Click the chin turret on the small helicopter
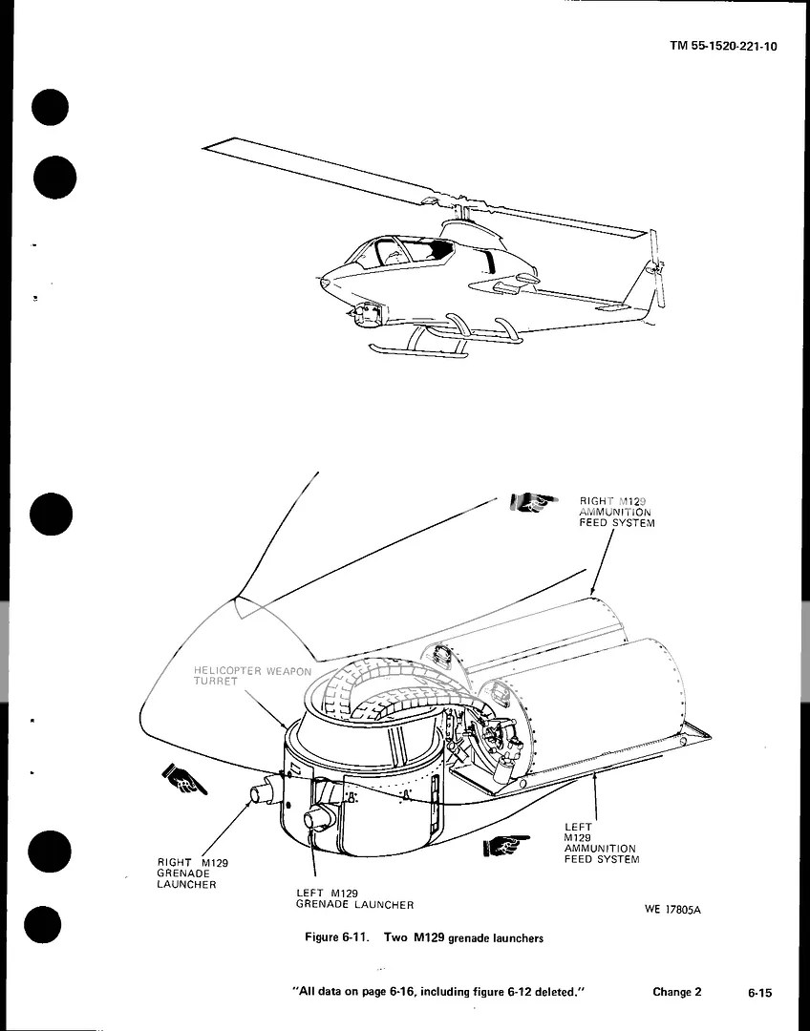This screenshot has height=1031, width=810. click(x=369, y=312)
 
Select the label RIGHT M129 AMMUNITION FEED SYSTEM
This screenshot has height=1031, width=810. click(x=616, y=512)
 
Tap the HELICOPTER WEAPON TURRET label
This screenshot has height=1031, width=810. click(x=252, y=677)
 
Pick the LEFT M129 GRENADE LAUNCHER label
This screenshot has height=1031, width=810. click(x=354, y=898)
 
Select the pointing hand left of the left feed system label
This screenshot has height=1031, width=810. click(x=506, y=844)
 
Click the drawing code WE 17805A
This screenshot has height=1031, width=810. click(x=672, y=909)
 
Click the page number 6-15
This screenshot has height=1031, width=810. click(x=760, y=993)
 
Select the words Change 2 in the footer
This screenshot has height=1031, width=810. click(x=676, y=992)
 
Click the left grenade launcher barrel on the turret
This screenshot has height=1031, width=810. click(x=318, y=819)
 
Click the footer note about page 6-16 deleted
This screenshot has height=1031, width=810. click(x=437, y=993)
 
